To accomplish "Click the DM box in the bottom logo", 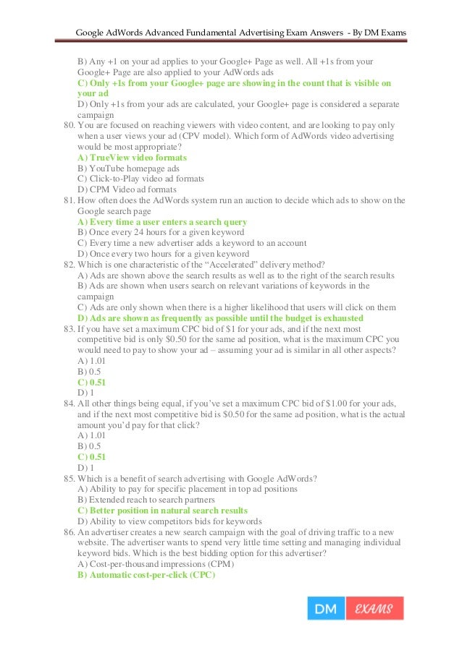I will pos(326,609).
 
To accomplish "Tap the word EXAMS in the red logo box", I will pos(374,609).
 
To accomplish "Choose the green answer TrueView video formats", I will pos(132,158).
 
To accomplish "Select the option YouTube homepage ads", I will pos(128,168).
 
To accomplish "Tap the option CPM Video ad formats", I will pos(126,189).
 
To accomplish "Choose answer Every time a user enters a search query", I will pos(162,222).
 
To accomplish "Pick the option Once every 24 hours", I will pos(160,233).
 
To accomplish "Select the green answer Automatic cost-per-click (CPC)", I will pos(146,575).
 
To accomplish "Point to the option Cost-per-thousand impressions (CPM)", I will pos(157,564).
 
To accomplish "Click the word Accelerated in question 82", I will pos(237,265).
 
